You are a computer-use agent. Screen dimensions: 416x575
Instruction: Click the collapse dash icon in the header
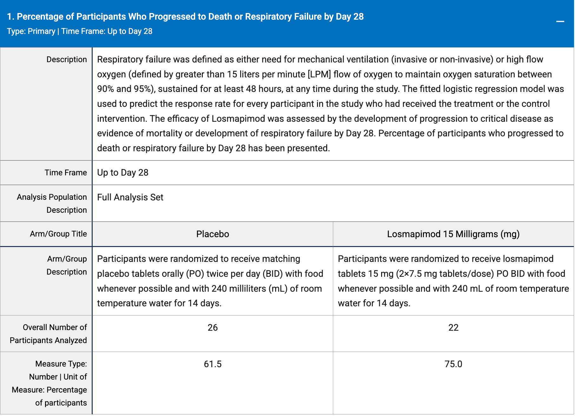tap(560, 21)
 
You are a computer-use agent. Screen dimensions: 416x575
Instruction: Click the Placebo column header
tap(213, 234)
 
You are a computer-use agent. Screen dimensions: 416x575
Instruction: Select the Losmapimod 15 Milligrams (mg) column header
tap(453, 234)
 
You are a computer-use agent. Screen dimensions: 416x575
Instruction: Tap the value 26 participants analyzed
tap(213, 328)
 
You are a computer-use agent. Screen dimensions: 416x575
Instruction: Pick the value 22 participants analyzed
tap(453, 328)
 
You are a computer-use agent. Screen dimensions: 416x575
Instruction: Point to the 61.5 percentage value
tap(213, 364)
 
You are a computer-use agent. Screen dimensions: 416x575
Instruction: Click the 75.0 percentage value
tap(453, 364)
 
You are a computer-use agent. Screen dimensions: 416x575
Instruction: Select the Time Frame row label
tap(66, 172)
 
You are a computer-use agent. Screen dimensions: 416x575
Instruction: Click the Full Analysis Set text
tap(130, 197)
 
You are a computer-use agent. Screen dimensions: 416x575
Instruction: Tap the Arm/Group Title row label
tap(58, 234)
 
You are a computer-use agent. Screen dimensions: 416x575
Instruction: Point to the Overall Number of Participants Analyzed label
tap(48, 334)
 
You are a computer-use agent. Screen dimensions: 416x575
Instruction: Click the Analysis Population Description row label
tap(52, 203)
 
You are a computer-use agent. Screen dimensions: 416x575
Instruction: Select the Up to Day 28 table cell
tap(123, 172)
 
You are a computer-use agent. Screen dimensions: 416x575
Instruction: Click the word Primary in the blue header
tap(41, 31)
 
